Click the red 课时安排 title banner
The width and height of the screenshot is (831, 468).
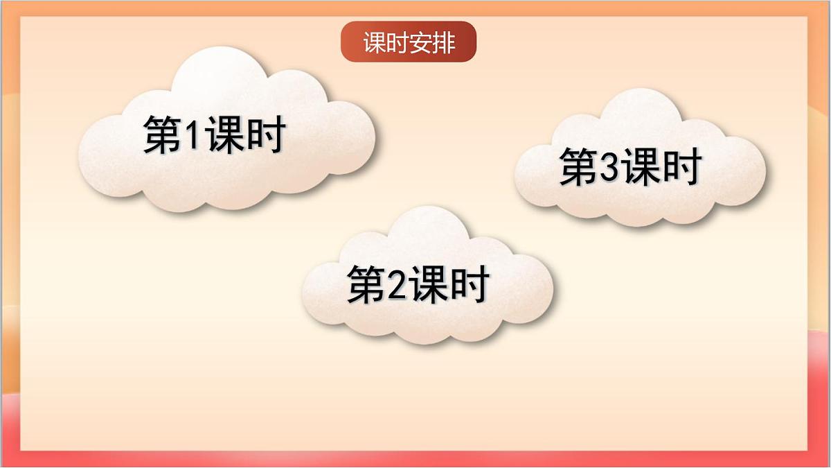[x=409, y=42]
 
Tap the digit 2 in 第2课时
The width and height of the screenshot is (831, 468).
[x=396, y=284]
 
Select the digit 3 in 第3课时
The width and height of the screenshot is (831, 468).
[x=608, y=167]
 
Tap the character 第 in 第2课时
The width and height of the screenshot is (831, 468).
[x=365, y=284]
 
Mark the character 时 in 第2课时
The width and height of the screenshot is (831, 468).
[x=470, y=284]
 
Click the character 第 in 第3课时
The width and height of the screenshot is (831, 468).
[x=578, y=167]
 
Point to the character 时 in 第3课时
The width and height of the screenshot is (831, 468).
[x=683, y=167]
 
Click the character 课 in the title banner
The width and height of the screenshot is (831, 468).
[x=374, y=42]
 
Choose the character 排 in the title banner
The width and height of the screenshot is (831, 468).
[x=443, y=42]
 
